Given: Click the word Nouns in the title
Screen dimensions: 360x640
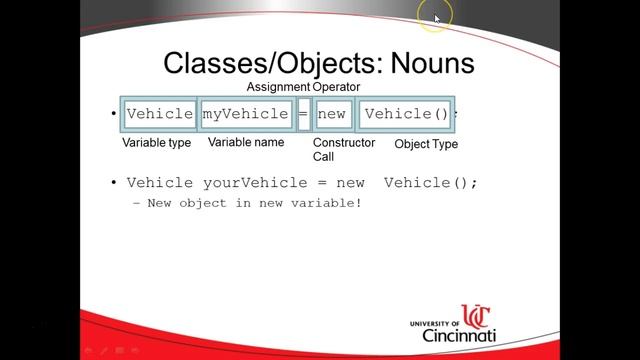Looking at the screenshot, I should pyautogui.click(x=425, y=64).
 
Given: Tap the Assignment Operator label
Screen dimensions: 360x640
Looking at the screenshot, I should pyautogui.click(x=303, y=88).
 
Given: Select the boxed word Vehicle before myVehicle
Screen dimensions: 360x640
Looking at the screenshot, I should pyautogui.click(x=160, y=114).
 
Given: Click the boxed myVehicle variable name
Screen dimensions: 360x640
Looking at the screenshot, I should pyautogui.click(x=246, y=114).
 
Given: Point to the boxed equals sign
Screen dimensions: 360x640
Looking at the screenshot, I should pyautogui.click(x=304, y=114).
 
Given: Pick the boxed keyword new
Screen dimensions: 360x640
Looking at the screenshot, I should pyautogui.click(x=332, y=114).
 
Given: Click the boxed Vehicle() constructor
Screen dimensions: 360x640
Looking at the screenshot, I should pyautogui.click(x=407, y=114).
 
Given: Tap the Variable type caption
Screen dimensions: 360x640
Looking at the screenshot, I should pyautogui.click(x=157, y=143).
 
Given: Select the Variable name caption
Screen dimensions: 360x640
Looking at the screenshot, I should pyautogui.click(x=246, y=142).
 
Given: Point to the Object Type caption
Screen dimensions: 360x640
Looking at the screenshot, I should pyautogui.click(x=426, y=144).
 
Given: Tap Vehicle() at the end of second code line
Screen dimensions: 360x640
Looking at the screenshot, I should pyautogui.click(x=431, y=182).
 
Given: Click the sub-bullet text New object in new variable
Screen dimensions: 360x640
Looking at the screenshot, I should pyautogui.click(x=254, y=203).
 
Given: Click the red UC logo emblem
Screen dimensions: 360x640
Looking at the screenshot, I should pyautogui.click(x=477, y=317).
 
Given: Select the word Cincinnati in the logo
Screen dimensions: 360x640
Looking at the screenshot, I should pyautogui.click(x=460, y=336).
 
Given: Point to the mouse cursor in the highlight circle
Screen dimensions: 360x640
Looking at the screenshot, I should pyautogui.click(x=437, y=17).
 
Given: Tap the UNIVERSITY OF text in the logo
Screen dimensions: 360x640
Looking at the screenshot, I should pyautogui.click(x=434, y=324).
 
